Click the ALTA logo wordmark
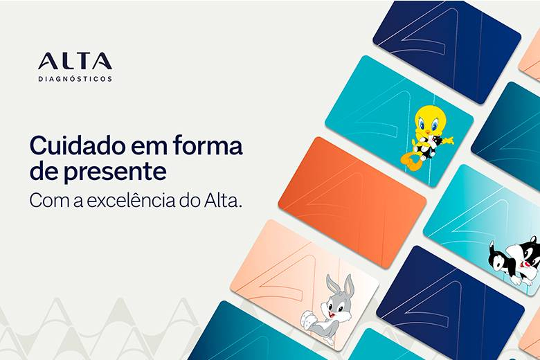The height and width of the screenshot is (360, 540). pos(75,61)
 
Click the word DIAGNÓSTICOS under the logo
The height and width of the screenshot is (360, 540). pos(75,79)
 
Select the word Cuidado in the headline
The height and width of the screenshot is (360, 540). pos(73,147)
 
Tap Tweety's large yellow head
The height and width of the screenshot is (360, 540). pos(429,121)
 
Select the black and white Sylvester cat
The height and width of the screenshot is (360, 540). pos(516,260)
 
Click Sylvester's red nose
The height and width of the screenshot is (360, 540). pos(529,264)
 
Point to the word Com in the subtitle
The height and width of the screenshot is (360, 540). pos(44,200)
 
